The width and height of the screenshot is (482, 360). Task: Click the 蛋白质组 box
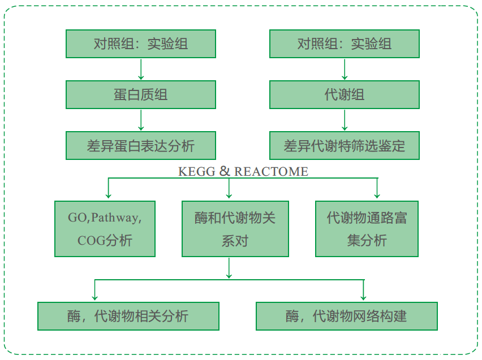coord(141,94)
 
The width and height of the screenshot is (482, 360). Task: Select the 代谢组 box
coord(344,94)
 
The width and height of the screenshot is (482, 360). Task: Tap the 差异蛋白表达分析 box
coord(141,146)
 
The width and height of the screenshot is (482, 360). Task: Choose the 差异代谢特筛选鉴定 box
coord(344,146)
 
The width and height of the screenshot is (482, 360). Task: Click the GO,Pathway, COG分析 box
coord(105,228)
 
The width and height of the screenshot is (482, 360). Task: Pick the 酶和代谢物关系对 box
coord(235,228)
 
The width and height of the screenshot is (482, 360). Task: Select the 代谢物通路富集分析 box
coord(367,228)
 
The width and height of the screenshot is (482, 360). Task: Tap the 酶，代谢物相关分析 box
coord(128,316)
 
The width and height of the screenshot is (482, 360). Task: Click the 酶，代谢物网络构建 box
coord(346,316)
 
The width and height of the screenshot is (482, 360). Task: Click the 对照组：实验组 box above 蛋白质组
coord(141,44)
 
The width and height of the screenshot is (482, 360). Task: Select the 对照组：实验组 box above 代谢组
coord(344,44)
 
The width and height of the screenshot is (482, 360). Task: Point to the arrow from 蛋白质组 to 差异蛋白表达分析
coord(141,120)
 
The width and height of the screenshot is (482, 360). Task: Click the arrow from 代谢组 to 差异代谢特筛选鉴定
coord(344,120)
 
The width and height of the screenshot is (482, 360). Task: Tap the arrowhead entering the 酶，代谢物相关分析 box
coord(94,298)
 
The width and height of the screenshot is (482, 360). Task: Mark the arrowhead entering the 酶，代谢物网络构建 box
coord(363,298)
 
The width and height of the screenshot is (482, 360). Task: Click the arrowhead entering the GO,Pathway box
coord(109,196)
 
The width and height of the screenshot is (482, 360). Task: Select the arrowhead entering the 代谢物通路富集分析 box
coord(376,196)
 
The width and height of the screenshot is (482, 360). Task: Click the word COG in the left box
coord(91,240)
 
